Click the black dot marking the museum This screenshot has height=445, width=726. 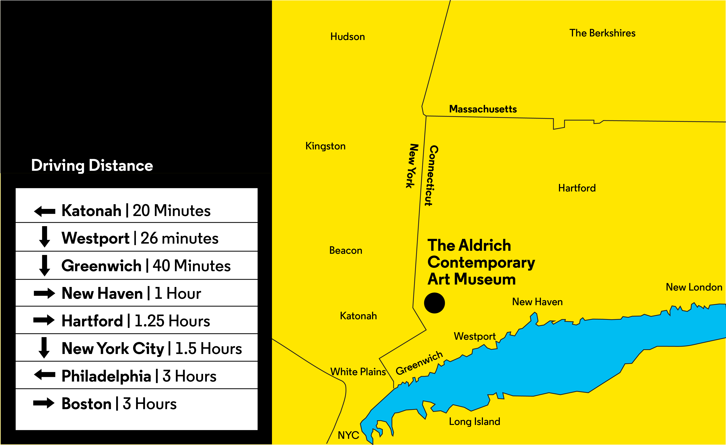tap(434, 303)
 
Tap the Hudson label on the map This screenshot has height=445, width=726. tap(347, 37)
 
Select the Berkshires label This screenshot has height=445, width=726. tap(602, 33)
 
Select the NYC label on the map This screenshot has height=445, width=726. tap(348, 435)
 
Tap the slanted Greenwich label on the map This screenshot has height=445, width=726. tap(419, 363)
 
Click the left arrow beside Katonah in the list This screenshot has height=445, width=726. tap(44, 211)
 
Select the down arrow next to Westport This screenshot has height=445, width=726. tap(44, 237)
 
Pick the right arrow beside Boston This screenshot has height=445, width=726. tap(44, 403)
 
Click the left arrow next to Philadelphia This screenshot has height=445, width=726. tap(44, 375)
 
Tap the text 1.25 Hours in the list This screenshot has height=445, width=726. tap(172, 321)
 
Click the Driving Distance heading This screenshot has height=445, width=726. tap(92, 166)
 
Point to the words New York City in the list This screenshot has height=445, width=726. tap(113, 349)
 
